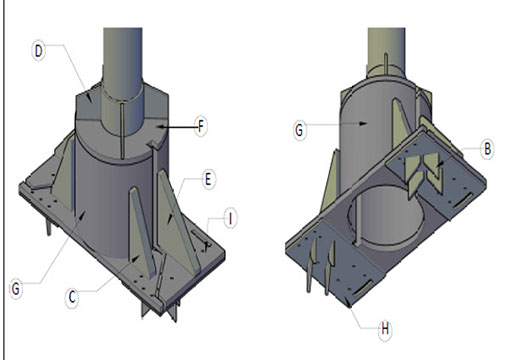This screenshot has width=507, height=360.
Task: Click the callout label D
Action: coord(39,51)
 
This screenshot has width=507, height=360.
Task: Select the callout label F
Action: coord(201,126)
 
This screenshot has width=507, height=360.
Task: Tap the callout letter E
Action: coord(208,180)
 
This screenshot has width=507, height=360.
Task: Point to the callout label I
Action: coord(230,219)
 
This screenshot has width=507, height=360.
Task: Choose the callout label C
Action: coord(72,297)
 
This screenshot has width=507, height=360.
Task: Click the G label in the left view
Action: coord(16,289)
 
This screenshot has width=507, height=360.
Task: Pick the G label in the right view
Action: coord(300,130)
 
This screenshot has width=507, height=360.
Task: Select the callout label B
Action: coord(487,149)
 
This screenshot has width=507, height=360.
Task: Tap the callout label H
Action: coord(385,329)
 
